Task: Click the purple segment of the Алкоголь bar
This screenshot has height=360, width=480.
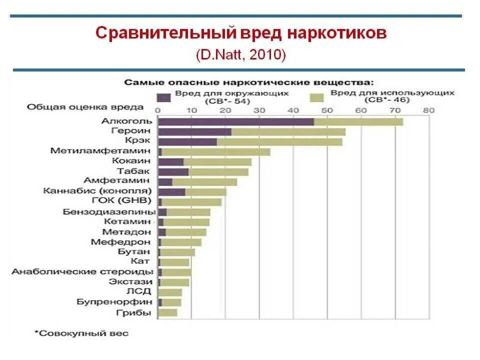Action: [235, 121]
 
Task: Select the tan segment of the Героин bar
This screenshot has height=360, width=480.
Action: [288, 131]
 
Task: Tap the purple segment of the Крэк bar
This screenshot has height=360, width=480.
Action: [187, 141]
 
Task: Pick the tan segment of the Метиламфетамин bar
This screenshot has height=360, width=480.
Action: [216, 151]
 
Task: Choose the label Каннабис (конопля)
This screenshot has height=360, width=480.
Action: [97, 191]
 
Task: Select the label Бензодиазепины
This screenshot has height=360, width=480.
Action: [108, 211]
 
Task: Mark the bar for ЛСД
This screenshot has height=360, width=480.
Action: [170, 292]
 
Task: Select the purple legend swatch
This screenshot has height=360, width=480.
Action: [163, 96]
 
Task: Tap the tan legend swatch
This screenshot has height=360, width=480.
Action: [316, 96]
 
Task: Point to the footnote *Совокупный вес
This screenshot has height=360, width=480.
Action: [81, 332]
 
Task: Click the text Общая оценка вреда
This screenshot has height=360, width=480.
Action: [85, 107]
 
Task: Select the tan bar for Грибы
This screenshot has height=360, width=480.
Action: [167, 313]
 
